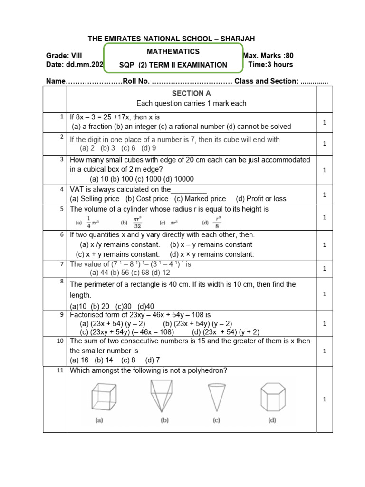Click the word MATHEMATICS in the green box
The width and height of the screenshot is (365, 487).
(173, 51)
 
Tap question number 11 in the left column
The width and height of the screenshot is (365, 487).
(61, 370)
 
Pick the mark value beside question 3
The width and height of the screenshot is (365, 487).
(324, 170)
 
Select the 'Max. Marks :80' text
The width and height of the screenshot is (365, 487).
(268, 56)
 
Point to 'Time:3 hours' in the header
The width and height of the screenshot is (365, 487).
(270, 64)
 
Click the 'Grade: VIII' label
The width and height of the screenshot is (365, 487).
(64, 56)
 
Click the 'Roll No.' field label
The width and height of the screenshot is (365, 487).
(136, 81)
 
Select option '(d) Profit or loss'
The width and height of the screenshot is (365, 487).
(261, 199)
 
